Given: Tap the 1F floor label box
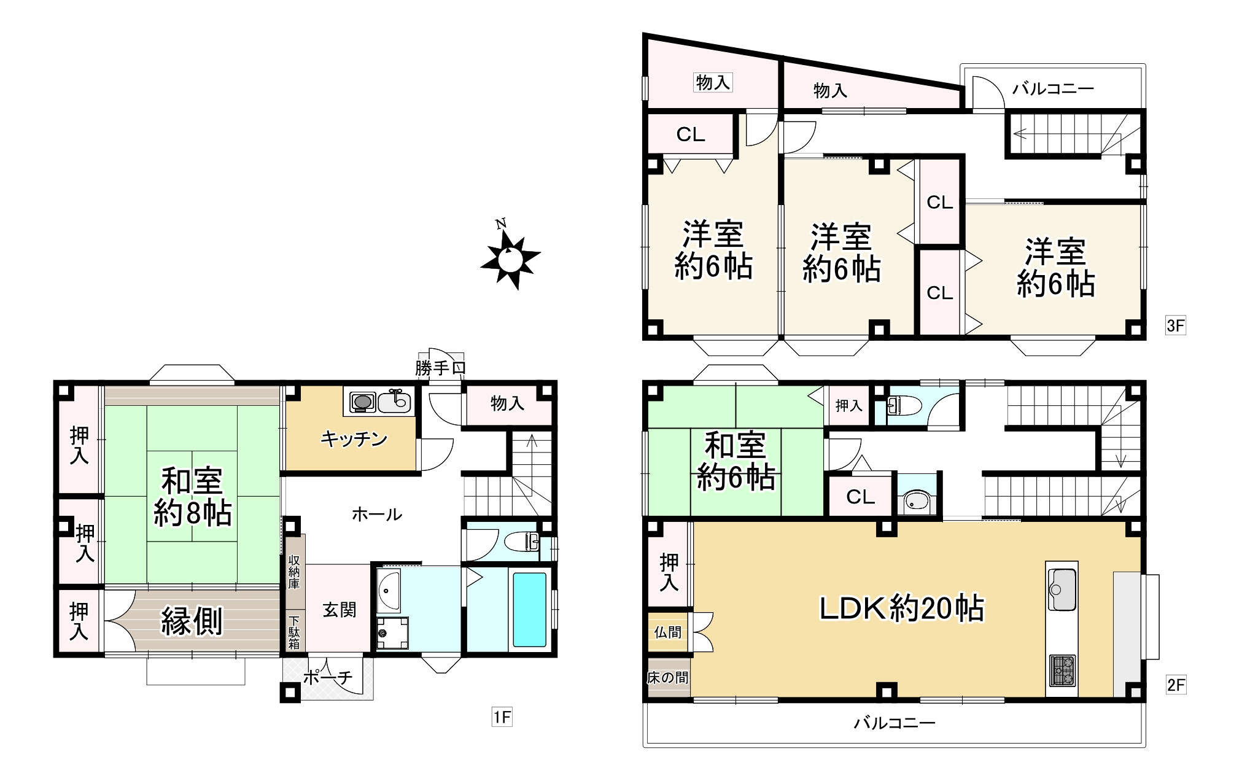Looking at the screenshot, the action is tap(502, 717).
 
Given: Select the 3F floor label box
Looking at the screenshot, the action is tap(1175, 325).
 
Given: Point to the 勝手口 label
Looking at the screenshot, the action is tap(440, 368).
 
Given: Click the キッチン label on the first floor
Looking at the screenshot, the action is tap(354, 439).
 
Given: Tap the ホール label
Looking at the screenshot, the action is tap(377, 515).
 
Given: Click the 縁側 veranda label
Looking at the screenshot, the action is tap(192, 621).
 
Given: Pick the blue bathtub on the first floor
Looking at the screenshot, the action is tap(529, 610).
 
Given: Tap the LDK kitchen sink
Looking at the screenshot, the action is tap(1062, 589).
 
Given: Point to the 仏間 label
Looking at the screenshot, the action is tap(668, 631).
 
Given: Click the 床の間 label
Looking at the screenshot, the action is tap(668, 678).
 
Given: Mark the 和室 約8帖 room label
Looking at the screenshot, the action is tap(192, 496).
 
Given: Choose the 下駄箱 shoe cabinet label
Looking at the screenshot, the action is tap(294, 632).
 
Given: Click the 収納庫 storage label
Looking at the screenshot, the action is tap(294, 572).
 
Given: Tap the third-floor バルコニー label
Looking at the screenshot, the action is tap(1053, 88).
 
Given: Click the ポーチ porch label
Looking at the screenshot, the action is tap(328, 677).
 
